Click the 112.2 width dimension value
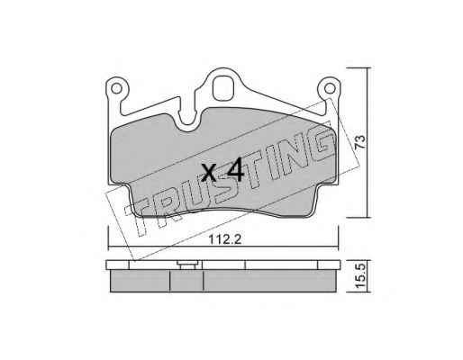pyautogui.click(x=225, y=239)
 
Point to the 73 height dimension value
pyautogui.click(x=359, y=141)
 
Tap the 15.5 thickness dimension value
pyautogui.click(x=359, y=275)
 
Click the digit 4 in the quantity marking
pyautogui.click(x=235, y=169)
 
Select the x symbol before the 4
pyautogui.click(x=209, y=173)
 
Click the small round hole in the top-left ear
pyautogui.click(x=116, y=88)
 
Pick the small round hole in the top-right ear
pyautogui.click(x=330, y=88)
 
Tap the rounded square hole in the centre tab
pyautogui.click(x=222, y=87)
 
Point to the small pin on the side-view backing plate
pyautogui.click(x=188, y=265)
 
